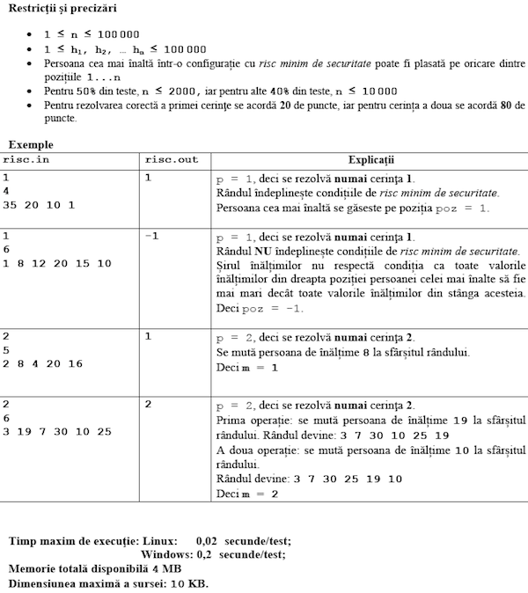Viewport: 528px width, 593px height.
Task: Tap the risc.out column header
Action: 172,160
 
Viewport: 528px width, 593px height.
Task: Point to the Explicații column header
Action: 371,160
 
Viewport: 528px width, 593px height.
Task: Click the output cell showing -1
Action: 151,236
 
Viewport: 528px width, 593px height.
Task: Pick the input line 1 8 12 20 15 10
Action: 57,264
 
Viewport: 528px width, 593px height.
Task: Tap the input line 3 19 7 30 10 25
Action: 58,431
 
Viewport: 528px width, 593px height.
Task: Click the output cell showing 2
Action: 149,404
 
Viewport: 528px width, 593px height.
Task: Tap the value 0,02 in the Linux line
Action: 207,541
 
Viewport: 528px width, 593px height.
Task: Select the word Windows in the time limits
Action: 165,555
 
